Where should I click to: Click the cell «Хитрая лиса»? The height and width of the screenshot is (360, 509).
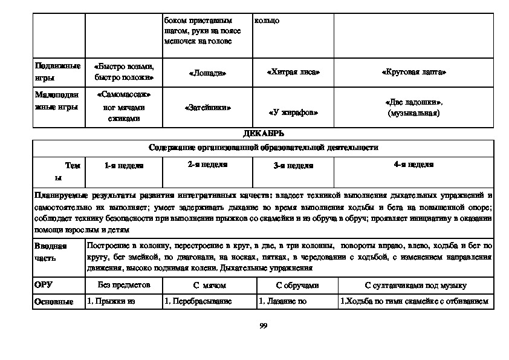click(293, 72)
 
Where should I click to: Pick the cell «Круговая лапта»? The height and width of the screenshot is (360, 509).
click(414, 72)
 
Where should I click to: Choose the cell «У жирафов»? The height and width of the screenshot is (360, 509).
click(293, 113)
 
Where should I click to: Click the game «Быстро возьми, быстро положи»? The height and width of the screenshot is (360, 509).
click(124, 72)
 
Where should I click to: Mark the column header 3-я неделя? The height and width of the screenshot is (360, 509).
click(293, 165)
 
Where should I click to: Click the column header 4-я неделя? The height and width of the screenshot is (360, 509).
click(414, 164)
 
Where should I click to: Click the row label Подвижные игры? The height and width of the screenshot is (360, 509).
click(57, 72)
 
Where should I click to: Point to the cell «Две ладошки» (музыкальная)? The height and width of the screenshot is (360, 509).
click(414, 108)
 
